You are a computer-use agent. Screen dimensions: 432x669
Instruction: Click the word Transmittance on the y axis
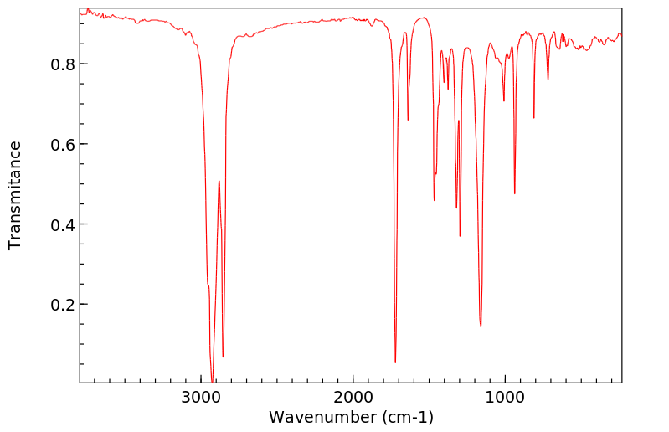(x=15, y=195)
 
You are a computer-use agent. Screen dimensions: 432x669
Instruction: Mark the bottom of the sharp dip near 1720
(x=395, y=362)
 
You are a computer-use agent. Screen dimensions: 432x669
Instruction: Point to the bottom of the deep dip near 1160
(x=481, y=326)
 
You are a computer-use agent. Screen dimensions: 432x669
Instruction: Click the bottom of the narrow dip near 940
(x=514, y=193)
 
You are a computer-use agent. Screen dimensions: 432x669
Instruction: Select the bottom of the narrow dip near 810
(x=533, y=117)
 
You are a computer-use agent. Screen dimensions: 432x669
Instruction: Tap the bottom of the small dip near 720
(x=548, y=80)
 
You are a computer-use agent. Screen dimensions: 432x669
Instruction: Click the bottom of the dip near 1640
(x=408, y=120)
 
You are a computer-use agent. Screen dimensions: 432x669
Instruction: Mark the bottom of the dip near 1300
(x=460, y=236)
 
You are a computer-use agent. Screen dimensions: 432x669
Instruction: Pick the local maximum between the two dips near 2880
(x=219, y=181)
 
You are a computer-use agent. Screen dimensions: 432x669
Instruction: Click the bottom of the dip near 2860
(x=223, y=357)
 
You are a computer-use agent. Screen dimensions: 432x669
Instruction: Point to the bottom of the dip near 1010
(x=503, y=101)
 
